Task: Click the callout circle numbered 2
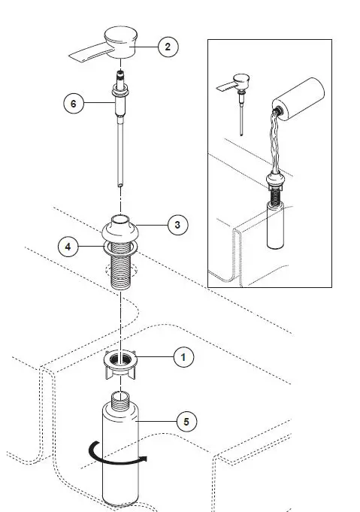coord(168,47)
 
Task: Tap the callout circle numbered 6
coord(74,104)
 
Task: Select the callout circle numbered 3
coord(177,225)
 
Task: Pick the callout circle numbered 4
coord(68,247)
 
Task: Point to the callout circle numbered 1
coord(183,357)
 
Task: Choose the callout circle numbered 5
coord(186,422)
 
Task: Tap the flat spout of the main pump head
coord(87,53)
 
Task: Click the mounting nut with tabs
coord(120,365)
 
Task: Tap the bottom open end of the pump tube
coord(120,185)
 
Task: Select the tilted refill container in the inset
coord(298,98)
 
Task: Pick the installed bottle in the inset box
coord(276,225)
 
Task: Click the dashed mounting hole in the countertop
coord(120,271)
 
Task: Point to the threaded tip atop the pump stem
coord(121,77)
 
